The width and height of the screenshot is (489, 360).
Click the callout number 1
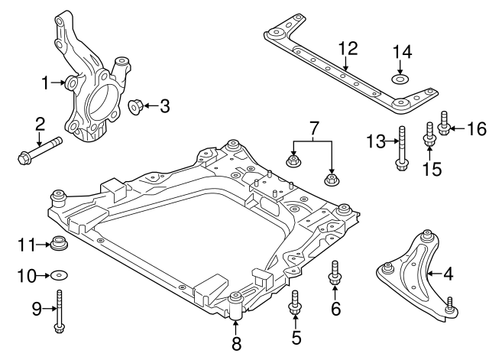(46, 81)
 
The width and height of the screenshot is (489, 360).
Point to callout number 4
(448, 273)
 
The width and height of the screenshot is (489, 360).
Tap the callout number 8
(235, 343)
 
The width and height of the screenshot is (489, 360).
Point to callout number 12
(348, 49)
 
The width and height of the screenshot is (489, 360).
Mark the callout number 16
(476, 127)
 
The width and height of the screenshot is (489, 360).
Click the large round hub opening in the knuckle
(101, 102)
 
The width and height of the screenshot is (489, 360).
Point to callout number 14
(402, 52)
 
